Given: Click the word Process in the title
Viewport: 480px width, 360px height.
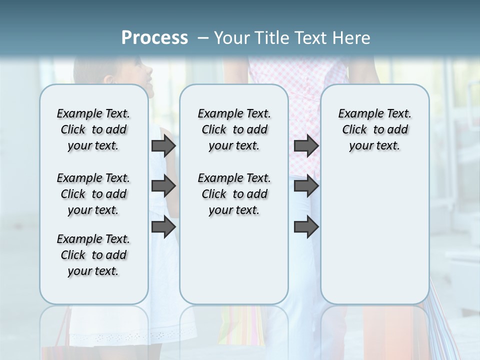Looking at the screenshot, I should point(154,38).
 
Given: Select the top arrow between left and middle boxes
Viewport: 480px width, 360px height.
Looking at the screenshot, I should point(163,145).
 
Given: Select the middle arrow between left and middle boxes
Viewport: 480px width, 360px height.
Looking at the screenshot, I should point(163,186).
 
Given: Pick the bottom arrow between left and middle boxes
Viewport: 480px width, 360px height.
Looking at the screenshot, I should point(163,227).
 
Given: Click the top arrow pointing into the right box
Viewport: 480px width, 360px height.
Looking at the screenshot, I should point(306,145).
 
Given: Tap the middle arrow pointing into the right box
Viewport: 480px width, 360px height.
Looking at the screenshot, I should point(306,186).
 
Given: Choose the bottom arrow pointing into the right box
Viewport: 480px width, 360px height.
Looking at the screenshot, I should point(306,227).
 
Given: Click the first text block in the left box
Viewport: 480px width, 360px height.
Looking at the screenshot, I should point(93,129).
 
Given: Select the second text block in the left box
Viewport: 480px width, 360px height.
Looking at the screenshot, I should point(93,194).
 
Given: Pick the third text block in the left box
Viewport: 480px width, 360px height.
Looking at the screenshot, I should point(93,255).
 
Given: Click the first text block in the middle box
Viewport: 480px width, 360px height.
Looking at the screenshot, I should point(234,129).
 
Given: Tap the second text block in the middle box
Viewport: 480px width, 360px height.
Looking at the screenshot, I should point(234,194).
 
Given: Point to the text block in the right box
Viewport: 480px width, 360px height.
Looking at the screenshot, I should point(374,129).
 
